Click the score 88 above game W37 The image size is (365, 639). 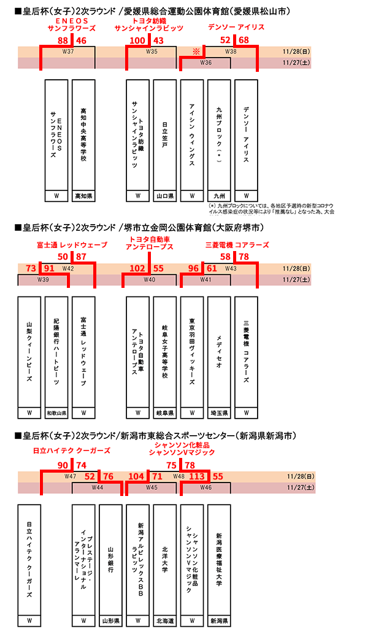click(x=62, y=40)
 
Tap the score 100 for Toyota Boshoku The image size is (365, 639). click(x=137, y=40)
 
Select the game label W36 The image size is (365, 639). click(x=206, y=63)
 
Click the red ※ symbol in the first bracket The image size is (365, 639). click(x=196, y=52)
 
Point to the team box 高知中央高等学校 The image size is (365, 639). click(x=83, y=134)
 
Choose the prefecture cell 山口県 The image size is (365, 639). click(x=164, y=196)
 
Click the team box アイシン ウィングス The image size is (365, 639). click(x=192, y=134)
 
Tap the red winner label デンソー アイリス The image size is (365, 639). click(x=236, y=28)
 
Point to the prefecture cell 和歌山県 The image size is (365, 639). click(x=56, y=412)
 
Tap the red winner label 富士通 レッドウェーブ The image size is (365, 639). click(x=72, y=245)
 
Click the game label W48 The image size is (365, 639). click(x=179, y=476)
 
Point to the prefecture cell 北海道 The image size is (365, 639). click(x=164, y=621)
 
